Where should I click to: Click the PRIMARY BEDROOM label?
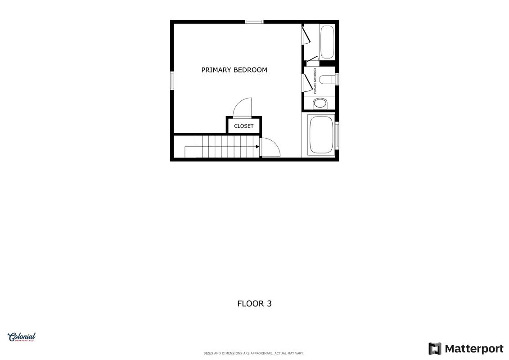tap(234, 70)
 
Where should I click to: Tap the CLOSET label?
tap(244, 126)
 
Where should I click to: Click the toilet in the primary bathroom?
tap(327, 79)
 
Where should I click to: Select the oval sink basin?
tap(320, 103)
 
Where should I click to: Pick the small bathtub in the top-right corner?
tap(327, 41)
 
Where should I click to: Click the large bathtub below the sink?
tap(321, 135)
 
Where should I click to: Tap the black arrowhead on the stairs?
tap(257, 147)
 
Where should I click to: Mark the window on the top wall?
tap(254, 22)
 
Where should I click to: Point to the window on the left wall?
tap(172, 81)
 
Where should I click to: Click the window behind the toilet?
tap(337, 79)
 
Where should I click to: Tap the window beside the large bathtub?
tap(337, 135)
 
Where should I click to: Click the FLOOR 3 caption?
tap(255, 303)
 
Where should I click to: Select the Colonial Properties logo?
tap(22, 337)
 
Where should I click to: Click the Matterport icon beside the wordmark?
tap(435, 349)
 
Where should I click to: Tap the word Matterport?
tap(474, 349)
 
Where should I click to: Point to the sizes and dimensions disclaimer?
tap(253, 353)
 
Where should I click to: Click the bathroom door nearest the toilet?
tap(307, 83)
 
